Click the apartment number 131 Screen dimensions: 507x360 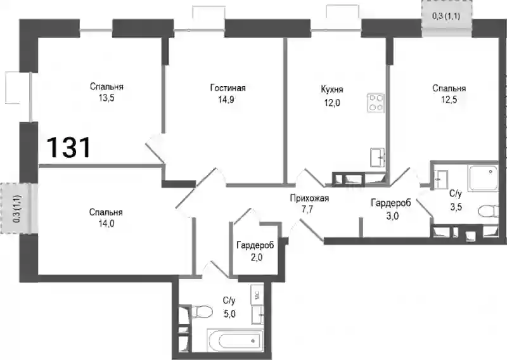69,148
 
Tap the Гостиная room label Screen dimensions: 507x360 228,88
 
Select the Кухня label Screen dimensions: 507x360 332,89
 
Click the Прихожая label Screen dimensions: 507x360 309,198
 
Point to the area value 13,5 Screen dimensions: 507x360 106,98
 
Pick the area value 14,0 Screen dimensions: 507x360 106,224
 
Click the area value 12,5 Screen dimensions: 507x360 449,100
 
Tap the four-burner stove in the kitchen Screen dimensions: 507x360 376,103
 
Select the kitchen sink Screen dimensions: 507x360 377,158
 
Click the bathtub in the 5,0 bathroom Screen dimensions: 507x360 235,340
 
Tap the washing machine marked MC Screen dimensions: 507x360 258,295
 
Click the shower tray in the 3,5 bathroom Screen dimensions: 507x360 483,177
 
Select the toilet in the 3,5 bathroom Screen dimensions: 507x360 487,211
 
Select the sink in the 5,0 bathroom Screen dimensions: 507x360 258,314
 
